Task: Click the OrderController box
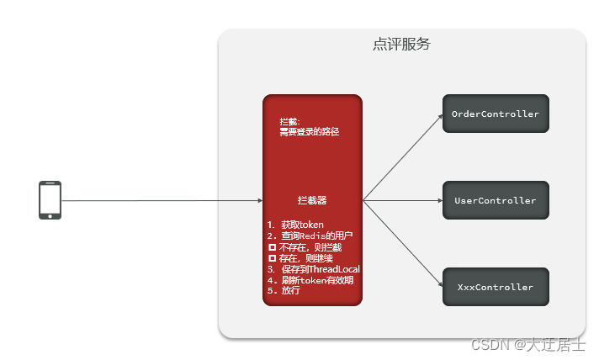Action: click(x=496, y=114)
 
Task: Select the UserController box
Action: click(x=496, y=201)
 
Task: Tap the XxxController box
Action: click(x=496, y=287)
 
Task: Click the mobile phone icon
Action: click(x=50, y=200)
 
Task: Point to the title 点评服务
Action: click(x=401, y=45)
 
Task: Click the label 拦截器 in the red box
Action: click(x=312, y=201)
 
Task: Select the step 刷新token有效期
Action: click(x=310, y=280)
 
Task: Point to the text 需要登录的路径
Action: click(x=309, y=132)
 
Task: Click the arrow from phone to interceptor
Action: click(x=160, y=201)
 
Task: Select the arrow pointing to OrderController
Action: click(x=402, y=159)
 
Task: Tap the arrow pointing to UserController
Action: click(x=402, y=201)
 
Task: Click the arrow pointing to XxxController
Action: click(x=402, y=243)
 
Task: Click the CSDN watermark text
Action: click(x=527, y=345)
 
